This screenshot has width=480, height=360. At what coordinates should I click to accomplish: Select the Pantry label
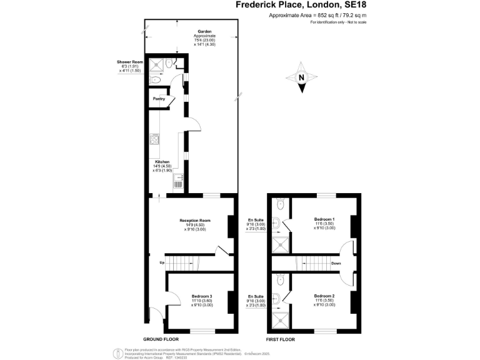pyautogui.click(x=159, y=98)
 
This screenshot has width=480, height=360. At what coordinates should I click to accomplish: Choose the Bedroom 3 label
pyautogui.click(x=202, y=296)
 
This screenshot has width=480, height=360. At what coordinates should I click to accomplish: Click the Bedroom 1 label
pyautogui.click(x=324, y=219)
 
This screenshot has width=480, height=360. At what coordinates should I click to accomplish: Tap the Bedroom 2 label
pyautogui.click(x=324, y=296)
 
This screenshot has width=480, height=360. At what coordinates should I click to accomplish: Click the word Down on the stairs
pyautogui.click(x=336, y=263)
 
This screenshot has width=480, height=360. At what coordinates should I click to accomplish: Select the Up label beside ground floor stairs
pyautogui.click(x=162, y=262)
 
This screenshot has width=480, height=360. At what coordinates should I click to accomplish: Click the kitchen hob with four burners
pyautogui.click(x=154, y=140)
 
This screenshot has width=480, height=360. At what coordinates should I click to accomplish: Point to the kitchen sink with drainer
pyautogui.click(x=177, y=181)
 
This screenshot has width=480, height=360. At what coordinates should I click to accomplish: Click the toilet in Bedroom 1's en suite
pyautogui.click(x=280, y=202)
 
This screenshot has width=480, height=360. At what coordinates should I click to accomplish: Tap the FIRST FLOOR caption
pyautogui.click(x=281, y=338)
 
